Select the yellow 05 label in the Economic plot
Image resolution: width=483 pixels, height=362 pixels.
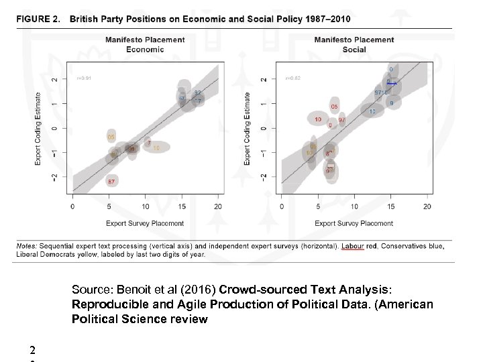click(111, 137)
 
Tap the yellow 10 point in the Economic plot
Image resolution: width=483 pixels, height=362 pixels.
click(156, 147)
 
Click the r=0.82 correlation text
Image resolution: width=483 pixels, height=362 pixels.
click(293, 78)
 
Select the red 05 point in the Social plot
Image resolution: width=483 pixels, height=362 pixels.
click(334, 107)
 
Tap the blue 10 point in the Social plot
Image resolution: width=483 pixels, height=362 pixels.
click(372, 112)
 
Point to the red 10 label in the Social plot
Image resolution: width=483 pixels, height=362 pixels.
click(317, 119)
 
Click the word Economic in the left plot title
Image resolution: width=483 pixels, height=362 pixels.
click(144, 50)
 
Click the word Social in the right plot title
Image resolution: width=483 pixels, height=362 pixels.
click(354, 50)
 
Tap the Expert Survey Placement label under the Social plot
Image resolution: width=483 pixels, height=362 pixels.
click(354, 223)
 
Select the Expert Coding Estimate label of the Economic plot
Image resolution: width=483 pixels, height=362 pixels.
click(38, 128)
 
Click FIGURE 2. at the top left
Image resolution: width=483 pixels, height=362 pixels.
click(39, 18)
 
